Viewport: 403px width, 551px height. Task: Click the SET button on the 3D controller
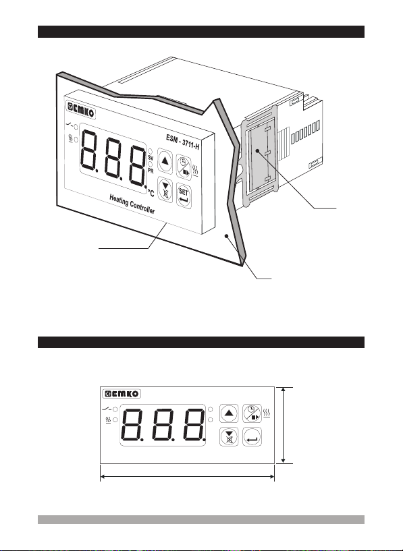point(184,196)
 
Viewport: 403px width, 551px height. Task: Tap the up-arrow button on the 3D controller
point(165,161)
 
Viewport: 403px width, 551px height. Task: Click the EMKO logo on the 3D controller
point(80,110)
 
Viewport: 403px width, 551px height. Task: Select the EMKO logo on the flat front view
point(122,394)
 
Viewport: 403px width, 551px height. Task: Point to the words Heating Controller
point(132,204)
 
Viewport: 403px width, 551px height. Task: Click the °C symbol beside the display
point(151,193)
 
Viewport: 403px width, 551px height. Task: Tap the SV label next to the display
point(151,158)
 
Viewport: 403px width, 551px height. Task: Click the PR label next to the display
point(151,171)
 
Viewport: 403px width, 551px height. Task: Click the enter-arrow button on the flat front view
point(252,437)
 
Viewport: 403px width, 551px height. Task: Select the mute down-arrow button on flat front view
point(229,437)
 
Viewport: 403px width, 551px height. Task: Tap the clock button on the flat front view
point(252,413)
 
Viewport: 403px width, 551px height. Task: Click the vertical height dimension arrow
point(284,425)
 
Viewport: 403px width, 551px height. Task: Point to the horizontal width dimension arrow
point(188,477)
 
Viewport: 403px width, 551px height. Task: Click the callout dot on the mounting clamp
point(258,151)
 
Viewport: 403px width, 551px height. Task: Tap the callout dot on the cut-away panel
point(227,236)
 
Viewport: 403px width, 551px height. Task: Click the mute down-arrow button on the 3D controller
point(165,190)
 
